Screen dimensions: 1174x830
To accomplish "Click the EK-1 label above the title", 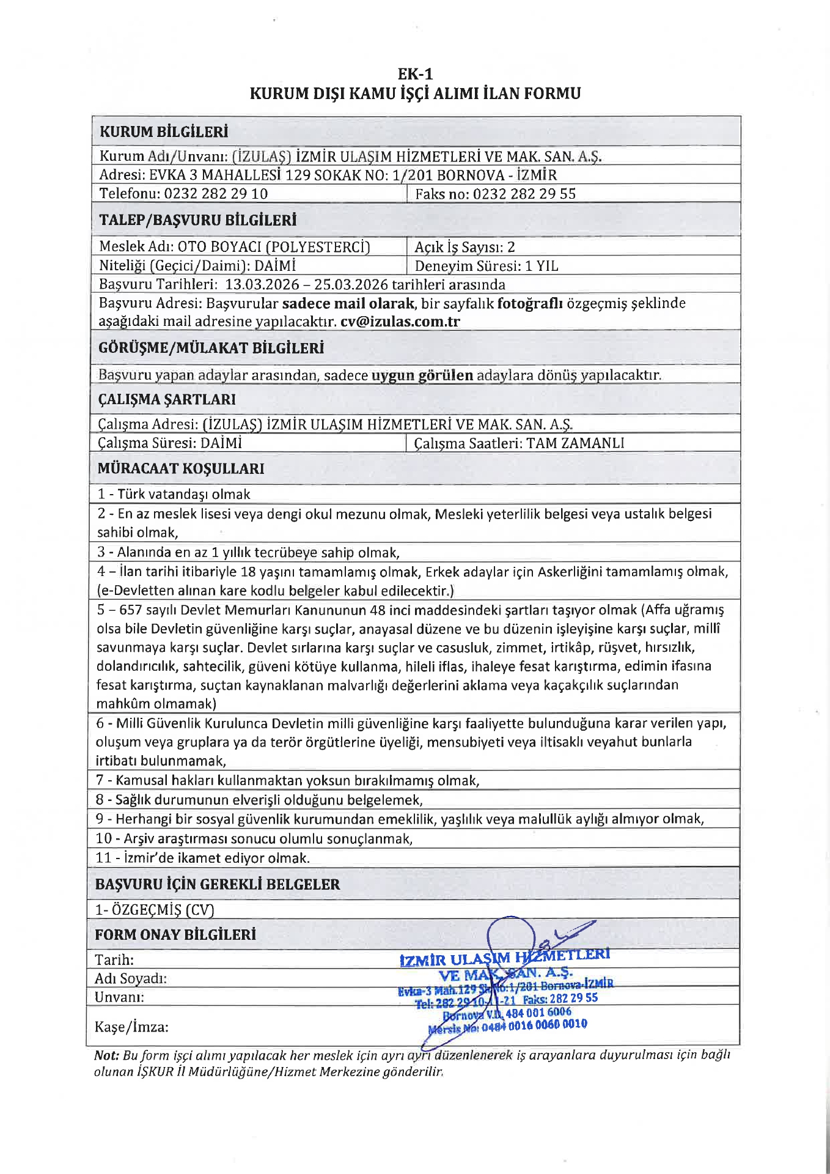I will (415, 74).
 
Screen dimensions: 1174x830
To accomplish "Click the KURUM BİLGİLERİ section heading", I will (164, 131).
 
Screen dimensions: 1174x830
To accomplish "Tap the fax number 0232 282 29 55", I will (524, 194).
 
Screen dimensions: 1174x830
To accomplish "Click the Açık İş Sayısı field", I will (465, 247).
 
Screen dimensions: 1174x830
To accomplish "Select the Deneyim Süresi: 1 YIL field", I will (487, 266).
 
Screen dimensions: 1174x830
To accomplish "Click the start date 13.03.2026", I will (262, 285).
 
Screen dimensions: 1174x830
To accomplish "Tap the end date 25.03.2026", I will (351, 285).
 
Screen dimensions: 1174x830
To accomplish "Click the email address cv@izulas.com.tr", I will (400, 322).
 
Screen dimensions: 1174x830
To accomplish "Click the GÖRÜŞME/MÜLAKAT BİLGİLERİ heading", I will (211, 348).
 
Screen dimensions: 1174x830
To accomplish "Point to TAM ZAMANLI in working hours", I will (575, 443).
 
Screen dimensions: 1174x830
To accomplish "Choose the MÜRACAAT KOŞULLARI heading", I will (181, 468).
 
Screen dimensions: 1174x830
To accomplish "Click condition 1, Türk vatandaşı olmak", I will (174, 494).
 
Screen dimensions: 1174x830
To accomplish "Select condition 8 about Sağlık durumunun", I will (259, 800).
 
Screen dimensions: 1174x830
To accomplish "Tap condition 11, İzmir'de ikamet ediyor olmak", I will (203, 858).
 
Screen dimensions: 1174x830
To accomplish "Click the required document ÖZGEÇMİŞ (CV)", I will (155, 910).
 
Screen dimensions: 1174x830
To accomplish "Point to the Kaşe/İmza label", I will (131, 1027).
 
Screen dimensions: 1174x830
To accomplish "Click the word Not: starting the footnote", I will (106, 1055).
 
